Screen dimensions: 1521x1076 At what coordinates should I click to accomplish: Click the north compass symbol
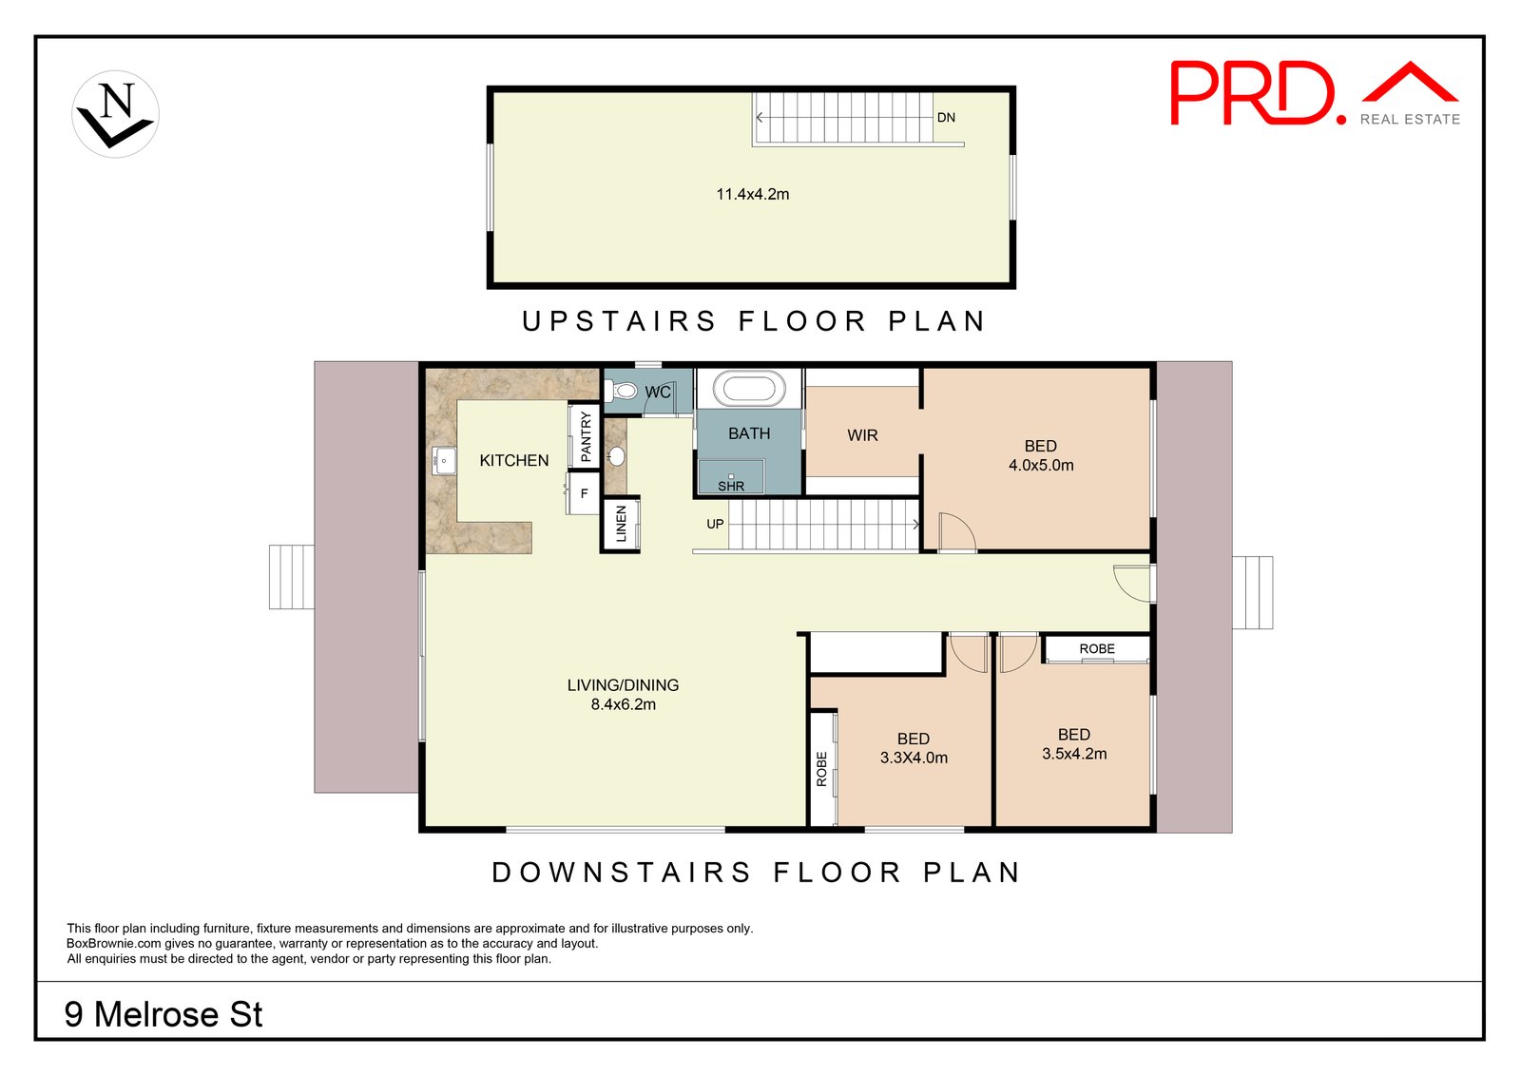click(x=115, y=114)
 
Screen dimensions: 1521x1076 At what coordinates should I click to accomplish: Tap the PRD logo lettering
click(x=1259, y=93)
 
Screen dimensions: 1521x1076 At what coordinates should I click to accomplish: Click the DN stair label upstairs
click(x=946, y=118)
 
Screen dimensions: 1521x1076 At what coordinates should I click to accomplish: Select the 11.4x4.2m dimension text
click(x=752, y=194)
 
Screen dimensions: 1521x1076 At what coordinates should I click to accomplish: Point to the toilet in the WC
click(x=621, y=391)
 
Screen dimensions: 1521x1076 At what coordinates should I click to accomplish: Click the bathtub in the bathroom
click(x=749, y=389)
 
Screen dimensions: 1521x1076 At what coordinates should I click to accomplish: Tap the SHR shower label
click(x=731, y=486)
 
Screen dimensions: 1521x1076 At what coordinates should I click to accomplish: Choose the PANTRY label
click(x=586, y=436)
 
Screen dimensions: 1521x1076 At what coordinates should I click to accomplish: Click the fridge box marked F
click(x=584, y=493)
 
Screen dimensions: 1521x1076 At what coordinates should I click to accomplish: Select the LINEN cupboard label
click(x=621, y=524)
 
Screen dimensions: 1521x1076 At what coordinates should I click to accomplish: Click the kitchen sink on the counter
click(x=444, y=460)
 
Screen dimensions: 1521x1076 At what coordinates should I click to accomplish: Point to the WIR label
click(x=862, y=435)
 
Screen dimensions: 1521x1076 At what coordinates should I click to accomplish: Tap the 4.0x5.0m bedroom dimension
click(x=1041, y=465)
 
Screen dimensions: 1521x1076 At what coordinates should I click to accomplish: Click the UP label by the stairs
click(x=715, y=524)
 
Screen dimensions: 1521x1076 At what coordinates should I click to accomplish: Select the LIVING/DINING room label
click(x=623, y=685)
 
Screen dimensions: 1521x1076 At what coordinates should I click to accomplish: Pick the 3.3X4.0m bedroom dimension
click(x=914, y=758)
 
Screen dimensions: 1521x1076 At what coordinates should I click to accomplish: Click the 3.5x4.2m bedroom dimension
click(x=1074, y=754)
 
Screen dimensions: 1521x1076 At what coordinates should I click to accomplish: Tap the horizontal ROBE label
click(x=1097, y=648)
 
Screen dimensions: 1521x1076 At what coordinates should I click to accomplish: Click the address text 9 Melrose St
click(x=163, y=1014)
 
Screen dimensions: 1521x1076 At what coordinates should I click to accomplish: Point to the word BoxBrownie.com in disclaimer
click(x=113, y=944)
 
